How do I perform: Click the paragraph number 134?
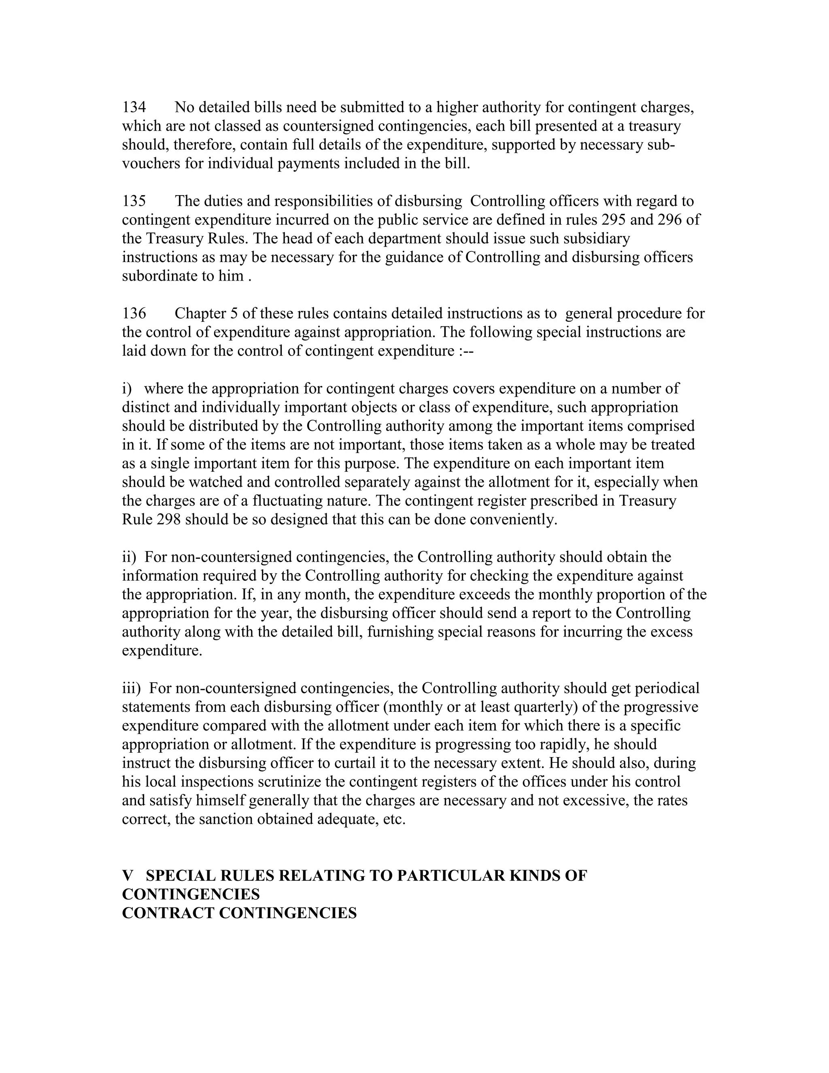[x=134, y=107]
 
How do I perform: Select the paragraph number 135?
[x=134, y=201]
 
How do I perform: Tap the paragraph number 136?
[x=134, y=313]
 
